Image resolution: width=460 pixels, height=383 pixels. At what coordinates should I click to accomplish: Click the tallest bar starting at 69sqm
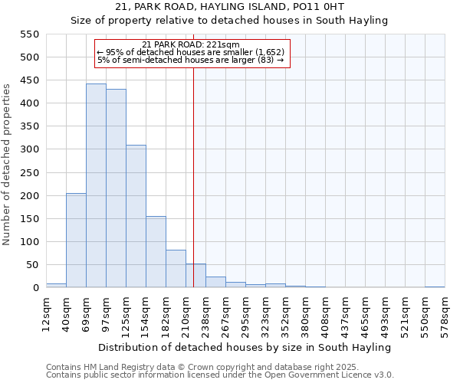click(x=96, y=185)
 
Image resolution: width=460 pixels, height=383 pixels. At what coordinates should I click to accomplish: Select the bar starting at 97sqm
click(x=116, y=188)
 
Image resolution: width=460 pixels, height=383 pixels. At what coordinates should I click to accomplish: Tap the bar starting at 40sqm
click(x=76, y=241)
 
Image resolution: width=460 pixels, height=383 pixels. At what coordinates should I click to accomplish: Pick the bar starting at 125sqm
click(x=136, y=216)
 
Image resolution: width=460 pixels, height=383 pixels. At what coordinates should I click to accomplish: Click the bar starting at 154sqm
click(x=156, y=252)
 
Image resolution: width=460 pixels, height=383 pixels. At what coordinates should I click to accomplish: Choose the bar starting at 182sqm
click(x=176, y=269)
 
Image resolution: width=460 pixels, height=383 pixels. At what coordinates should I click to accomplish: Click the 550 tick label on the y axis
click(x=29, y=34)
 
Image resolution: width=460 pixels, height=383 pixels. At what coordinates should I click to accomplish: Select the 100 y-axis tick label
click(x=29, y=242)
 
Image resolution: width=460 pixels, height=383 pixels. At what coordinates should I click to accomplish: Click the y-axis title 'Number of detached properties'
click(x=8, y=165)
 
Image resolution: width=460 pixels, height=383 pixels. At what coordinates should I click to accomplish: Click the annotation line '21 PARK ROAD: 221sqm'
click(x=191, y=44)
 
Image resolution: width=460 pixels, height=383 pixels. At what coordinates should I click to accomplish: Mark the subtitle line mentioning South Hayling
click(x=229, y=21)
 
